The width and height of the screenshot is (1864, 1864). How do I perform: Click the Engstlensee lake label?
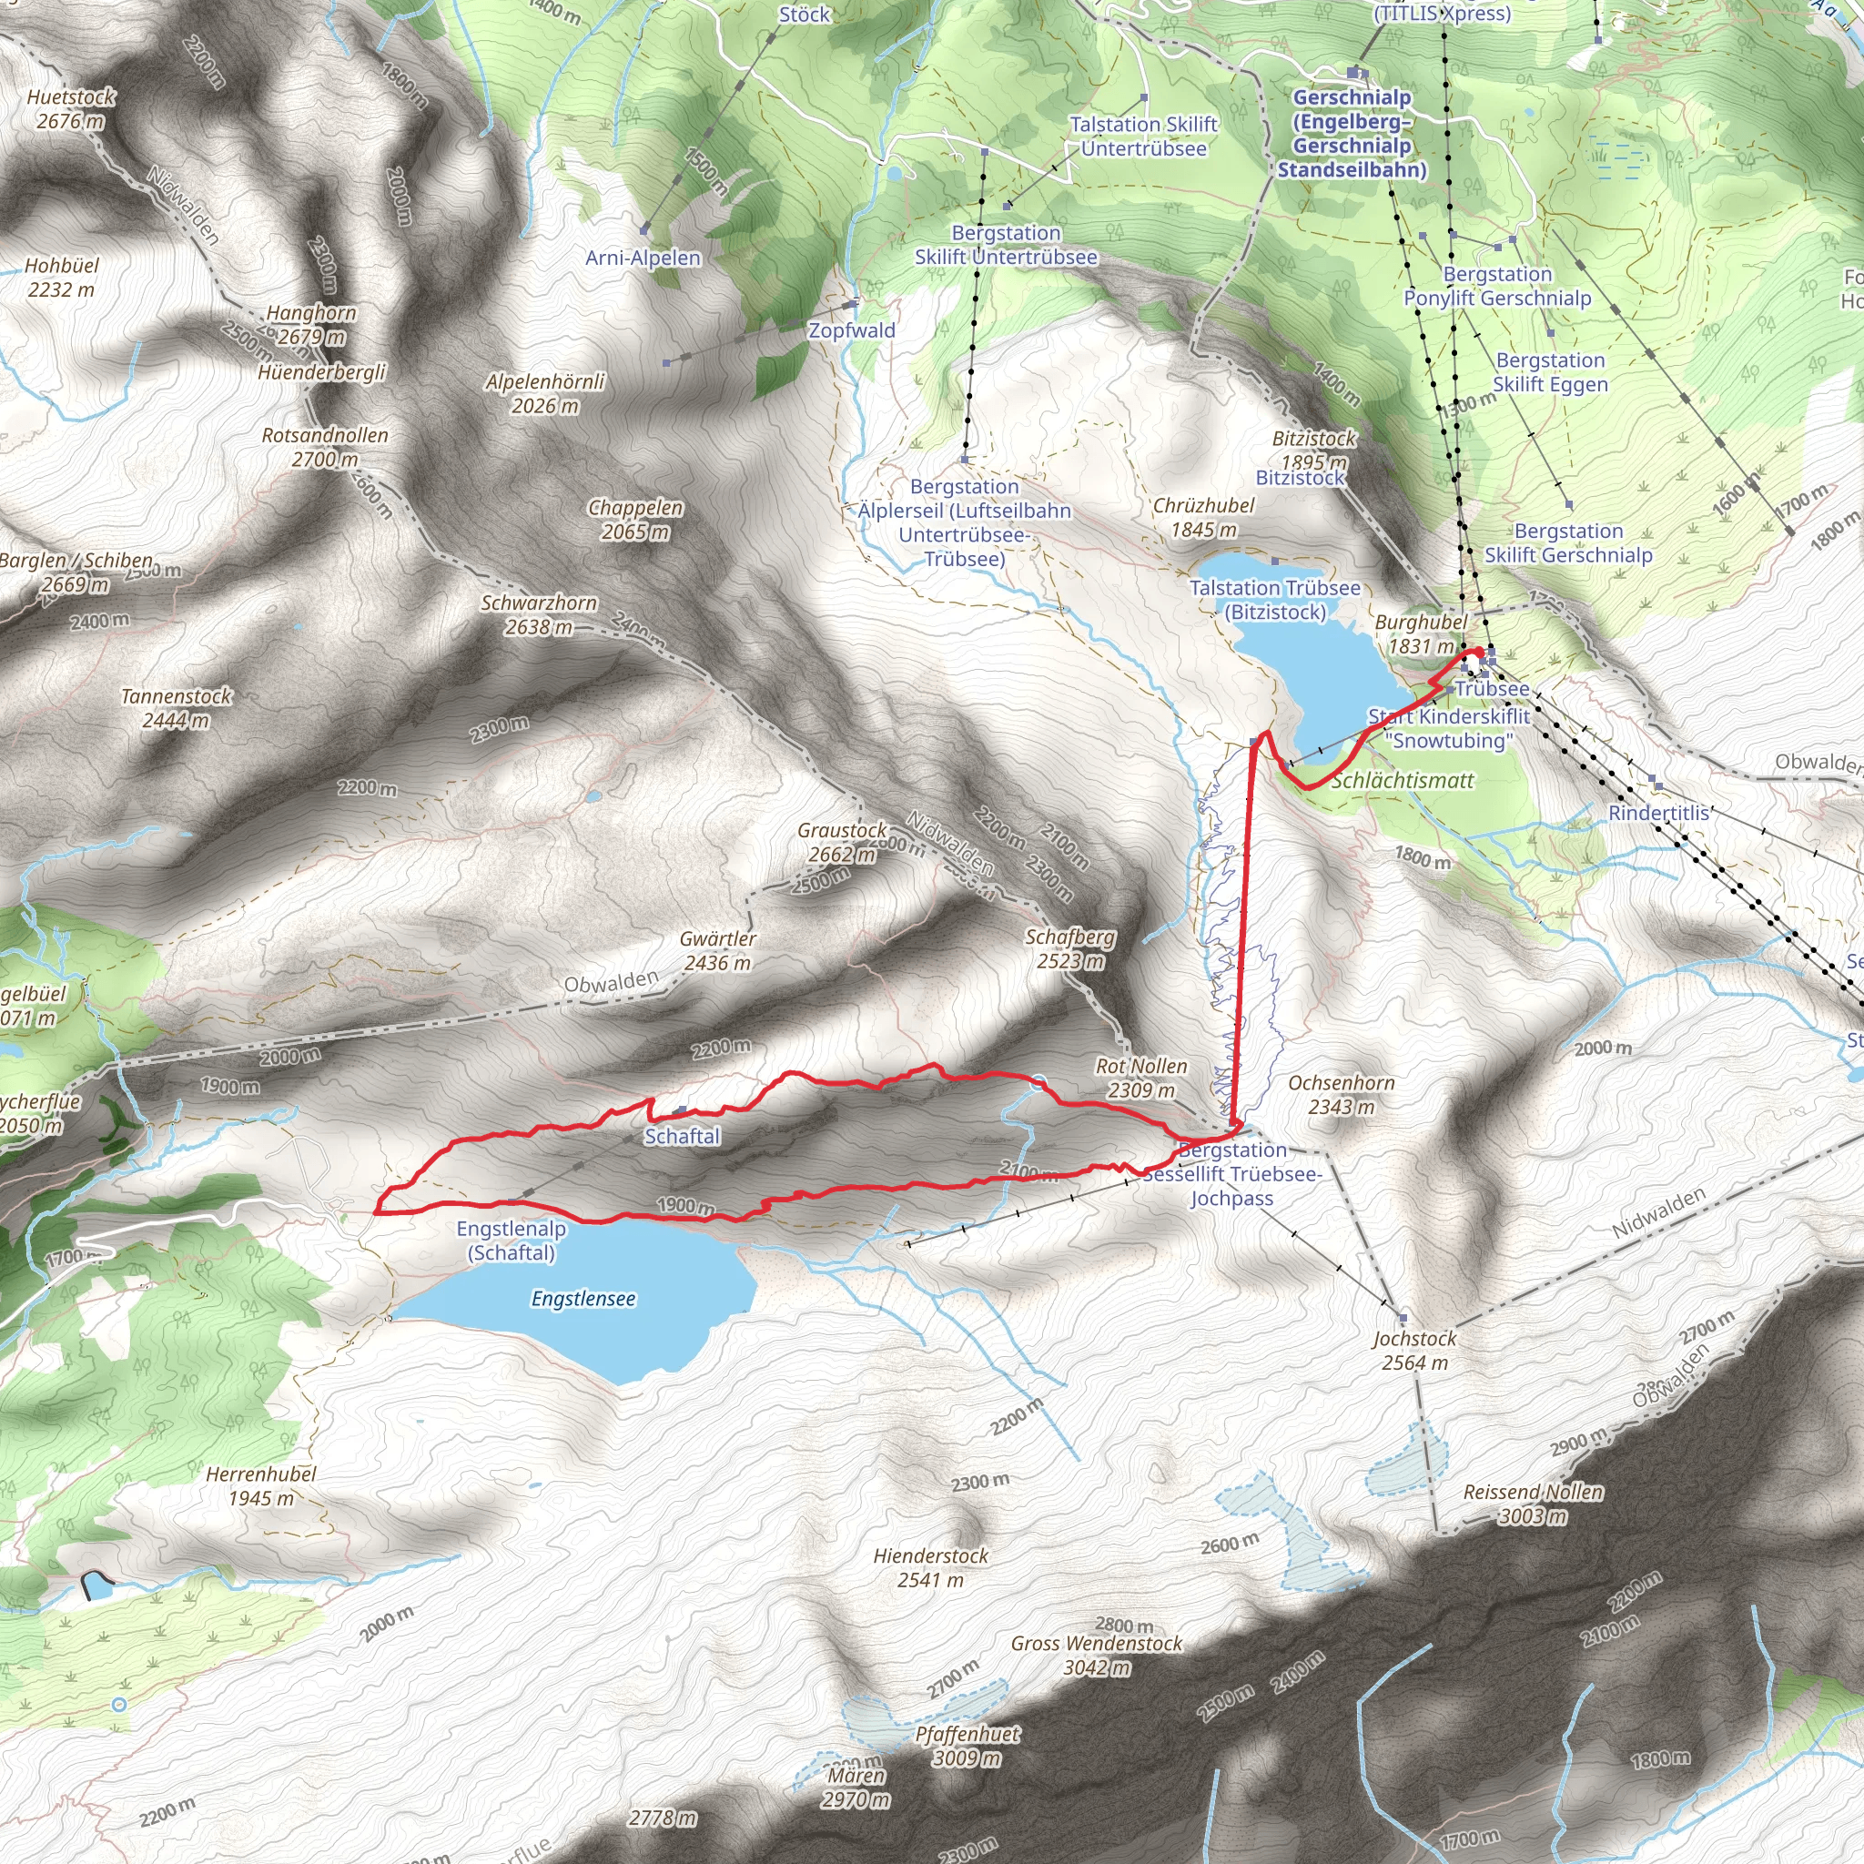pos(582,1299)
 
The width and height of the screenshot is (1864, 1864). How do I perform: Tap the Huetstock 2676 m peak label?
pos(70,109)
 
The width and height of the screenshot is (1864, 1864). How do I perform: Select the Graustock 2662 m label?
pos(841,842)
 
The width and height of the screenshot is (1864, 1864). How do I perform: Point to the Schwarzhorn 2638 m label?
pos(540,614)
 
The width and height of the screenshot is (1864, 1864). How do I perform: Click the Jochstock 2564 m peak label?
pos(1414,1351)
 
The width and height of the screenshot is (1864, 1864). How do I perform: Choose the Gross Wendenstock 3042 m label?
pos(1096,1655)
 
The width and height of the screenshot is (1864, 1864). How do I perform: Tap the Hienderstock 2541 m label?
pos(930,1568)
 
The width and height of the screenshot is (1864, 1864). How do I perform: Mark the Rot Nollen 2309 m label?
pos(1141,1078)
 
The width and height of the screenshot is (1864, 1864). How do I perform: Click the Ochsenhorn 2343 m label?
pos(1341,1094)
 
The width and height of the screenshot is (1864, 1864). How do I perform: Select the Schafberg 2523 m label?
pos(1070,948)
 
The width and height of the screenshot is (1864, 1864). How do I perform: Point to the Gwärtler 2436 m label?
pos(717,950)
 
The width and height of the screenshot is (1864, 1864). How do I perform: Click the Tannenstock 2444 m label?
pos(177,708)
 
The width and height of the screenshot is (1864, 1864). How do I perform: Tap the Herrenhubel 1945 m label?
pos(260,1485)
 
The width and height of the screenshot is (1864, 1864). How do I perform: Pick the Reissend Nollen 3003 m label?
pos(1533,1504)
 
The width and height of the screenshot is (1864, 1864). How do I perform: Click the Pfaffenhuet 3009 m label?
pos(967,1746)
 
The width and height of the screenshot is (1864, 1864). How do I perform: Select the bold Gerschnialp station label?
pos(1352,133)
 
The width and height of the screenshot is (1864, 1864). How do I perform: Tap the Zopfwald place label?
pos(851,330)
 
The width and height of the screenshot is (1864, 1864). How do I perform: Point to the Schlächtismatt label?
pos(1402,781)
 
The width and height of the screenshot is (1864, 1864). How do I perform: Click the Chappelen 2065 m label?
pos(635,519)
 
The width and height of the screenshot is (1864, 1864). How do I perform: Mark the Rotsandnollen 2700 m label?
pos(325,447)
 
